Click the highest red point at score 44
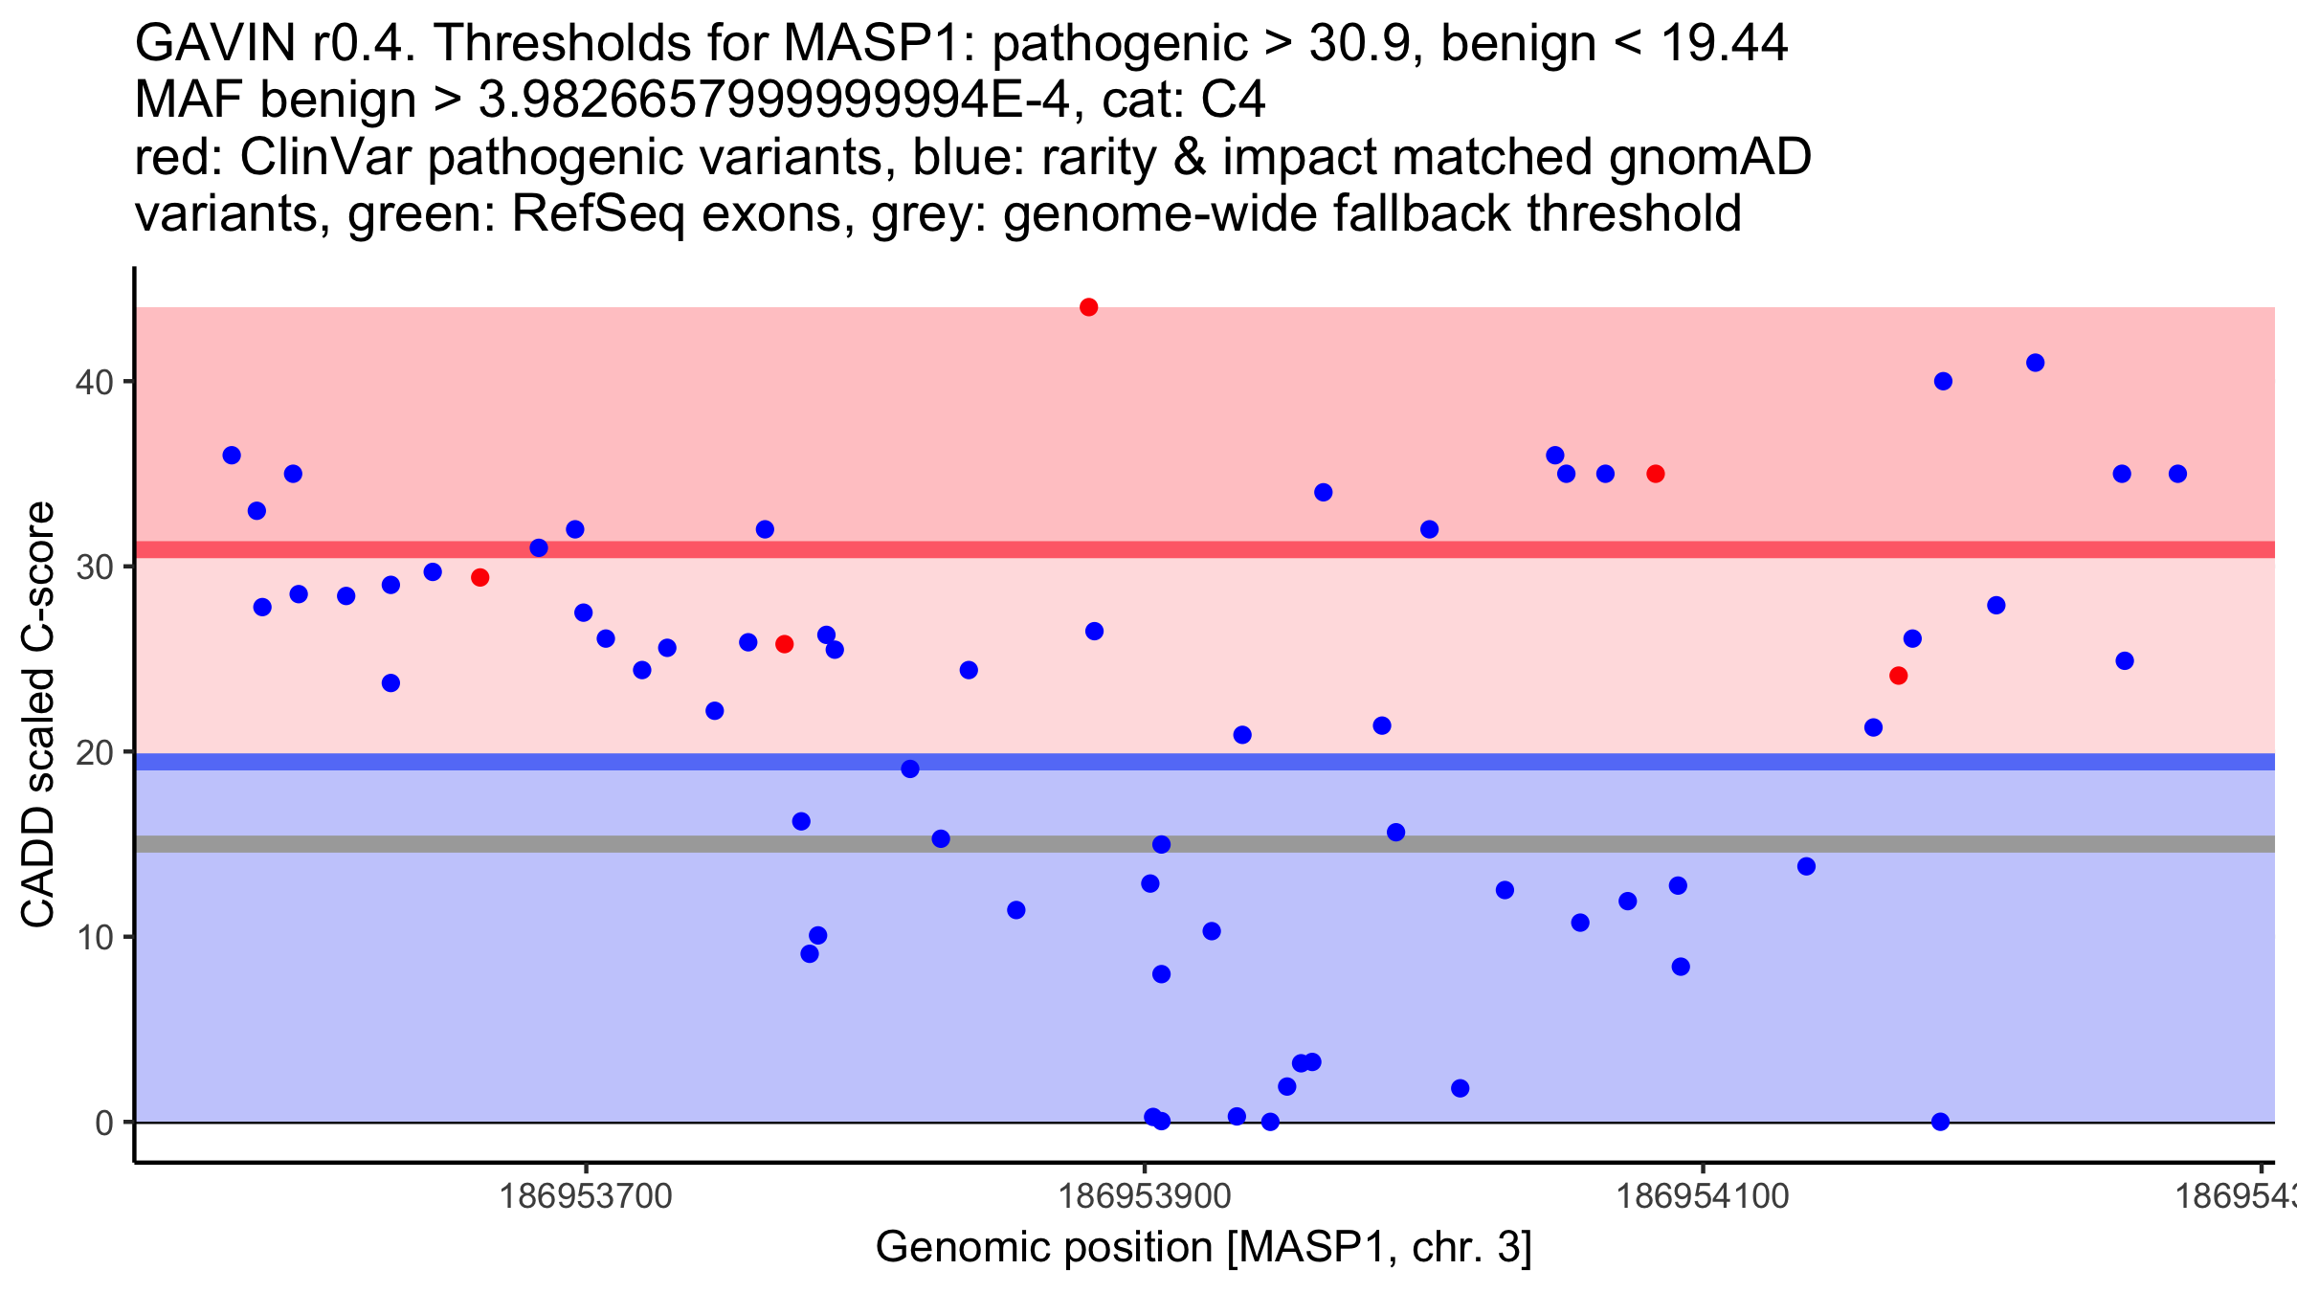[x=1088, y=307]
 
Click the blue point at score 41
[x=2036, y=363]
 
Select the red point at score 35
[x=1656, y=474]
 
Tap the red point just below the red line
[x=480, y=577]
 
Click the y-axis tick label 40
[x=94, y=382]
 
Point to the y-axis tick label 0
[x=104, y=1123]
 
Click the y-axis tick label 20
[x=94, y=752]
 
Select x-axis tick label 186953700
[x=586, y=1196]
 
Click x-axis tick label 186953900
[x=1144, y=1196]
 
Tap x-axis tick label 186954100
[x=1702, y=1196]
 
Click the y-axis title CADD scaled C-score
[x=38, y=714]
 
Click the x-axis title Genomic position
[x=1203, y=1248]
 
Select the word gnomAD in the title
[x=1709, y=157]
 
